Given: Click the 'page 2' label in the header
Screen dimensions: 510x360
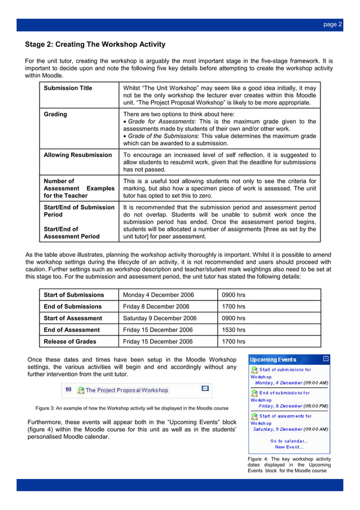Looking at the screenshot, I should click(x=332, y=24).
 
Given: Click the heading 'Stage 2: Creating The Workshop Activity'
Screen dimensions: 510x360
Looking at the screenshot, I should click(x=95, y=45).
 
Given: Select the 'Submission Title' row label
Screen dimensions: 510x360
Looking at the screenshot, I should click(x=68, y=88).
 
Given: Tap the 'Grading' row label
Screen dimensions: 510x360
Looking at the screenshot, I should click(x=55, y=114).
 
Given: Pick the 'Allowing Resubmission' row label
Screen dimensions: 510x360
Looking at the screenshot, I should click(x=78, y=155).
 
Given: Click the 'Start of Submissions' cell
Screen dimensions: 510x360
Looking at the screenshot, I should click(x=74, y=295).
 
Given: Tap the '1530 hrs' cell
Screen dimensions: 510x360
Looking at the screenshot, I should click(x=233, y=330).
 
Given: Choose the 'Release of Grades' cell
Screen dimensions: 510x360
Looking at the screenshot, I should click(x=70, y=341).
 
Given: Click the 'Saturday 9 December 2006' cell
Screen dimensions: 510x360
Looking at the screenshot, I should click(x=160, y=318).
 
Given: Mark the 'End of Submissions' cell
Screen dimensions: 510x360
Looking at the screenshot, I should click(x=73, y=307).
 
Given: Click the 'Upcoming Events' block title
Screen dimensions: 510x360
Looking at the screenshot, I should click(x=273, y=359).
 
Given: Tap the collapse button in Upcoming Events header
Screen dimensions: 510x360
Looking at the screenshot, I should click(x=326, y=359).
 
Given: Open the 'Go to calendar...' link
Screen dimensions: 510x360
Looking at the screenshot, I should click(x=289, y=441).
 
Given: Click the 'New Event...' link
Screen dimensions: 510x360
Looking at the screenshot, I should click(x=289, y=447).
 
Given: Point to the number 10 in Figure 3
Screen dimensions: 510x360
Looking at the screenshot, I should click(x=68, y=390).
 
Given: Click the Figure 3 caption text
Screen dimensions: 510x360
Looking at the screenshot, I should click(x=132, y=408).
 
